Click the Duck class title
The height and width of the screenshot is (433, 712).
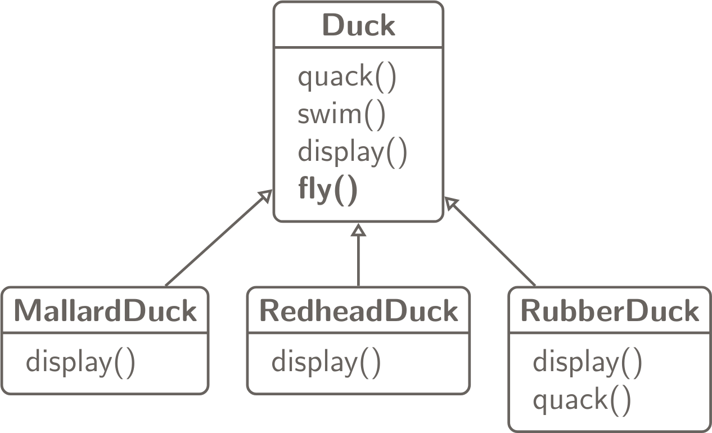358,26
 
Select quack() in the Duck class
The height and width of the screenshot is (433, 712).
347,77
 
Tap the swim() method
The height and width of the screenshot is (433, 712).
341,115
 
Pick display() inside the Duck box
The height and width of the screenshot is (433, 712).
352,152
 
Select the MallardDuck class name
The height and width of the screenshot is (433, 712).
105,311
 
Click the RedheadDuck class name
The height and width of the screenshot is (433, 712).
358,311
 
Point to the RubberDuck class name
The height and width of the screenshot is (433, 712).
610,311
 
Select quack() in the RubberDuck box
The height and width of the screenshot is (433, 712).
582,400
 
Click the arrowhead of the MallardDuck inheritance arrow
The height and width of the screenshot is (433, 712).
265,196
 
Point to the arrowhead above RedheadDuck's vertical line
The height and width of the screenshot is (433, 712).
358,229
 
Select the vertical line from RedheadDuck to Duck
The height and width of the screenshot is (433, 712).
358,261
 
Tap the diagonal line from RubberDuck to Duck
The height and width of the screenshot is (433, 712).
495,245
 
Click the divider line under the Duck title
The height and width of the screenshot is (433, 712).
358,48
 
